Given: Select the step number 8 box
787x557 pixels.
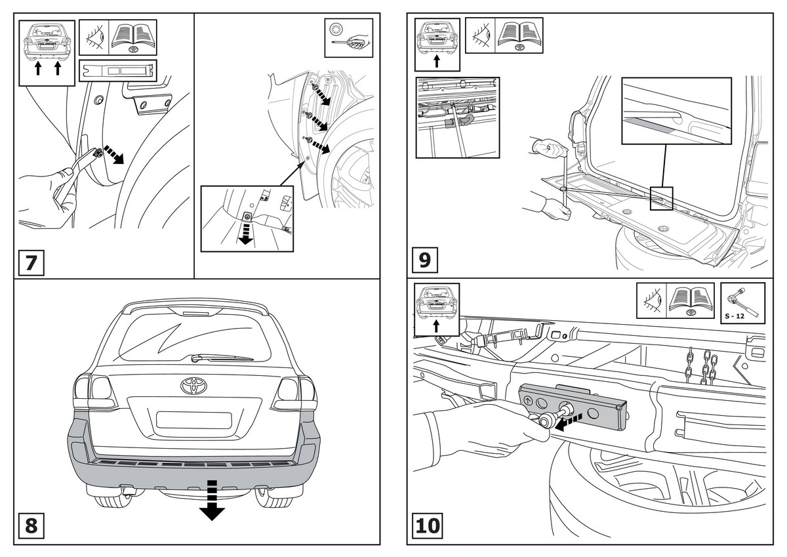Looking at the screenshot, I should click(x=31, y=526).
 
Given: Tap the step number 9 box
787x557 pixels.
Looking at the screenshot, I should click(x=424, y=260).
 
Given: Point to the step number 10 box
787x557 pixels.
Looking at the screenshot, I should click(x=428, y=526).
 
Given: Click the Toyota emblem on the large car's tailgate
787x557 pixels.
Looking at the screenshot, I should click(x=193, y=385).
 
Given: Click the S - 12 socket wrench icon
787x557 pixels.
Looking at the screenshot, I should click(x=742, y=302).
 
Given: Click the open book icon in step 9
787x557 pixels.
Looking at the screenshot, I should click(x=519, y=35).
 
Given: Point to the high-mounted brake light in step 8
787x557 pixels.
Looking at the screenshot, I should click(x=193, y=313).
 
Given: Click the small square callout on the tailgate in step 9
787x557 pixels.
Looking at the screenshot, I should click(x=661, y=197).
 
